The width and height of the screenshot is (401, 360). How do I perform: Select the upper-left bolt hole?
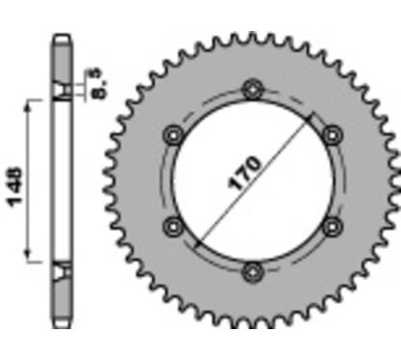[x=175, y=134]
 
